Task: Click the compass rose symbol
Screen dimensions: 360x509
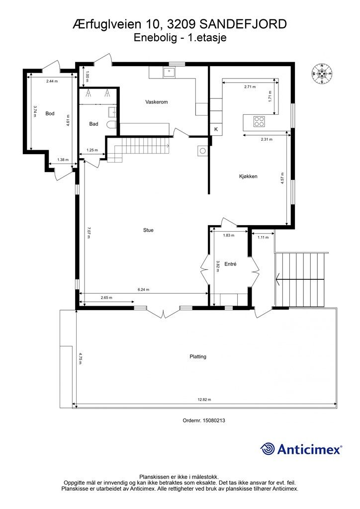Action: coord(322,74)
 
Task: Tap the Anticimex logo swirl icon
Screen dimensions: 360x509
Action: coord(268,449)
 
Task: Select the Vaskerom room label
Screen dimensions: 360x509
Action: coord(157,102)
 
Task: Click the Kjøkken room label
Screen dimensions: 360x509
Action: coord(248,176)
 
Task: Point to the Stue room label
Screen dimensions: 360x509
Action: coord(148,230)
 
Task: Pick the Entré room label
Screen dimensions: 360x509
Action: coord(230,264)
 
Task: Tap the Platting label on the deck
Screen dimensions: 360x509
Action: coord(198,356)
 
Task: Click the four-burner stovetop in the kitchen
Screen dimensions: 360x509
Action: coord(259,121)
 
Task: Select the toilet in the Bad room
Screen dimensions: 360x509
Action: coord(112,125)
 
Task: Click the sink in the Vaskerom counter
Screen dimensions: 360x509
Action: coord(169,72)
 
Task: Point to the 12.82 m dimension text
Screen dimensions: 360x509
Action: coord(204,400)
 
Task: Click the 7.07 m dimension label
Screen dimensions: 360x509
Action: coord(89,232)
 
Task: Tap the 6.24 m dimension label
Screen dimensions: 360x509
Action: coord(144,290)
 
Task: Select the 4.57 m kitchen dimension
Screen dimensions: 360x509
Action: coord(283,178)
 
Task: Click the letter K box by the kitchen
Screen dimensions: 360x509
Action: coord(216,129)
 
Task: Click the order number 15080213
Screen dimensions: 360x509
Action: coord(214,421)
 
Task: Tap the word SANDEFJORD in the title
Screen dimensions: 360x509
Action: coord(243,24)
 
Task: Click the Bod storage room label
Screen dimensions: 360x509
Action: coord(50,114)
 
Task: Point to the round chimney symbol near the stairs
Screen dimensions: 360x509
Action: coord(202,151)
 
